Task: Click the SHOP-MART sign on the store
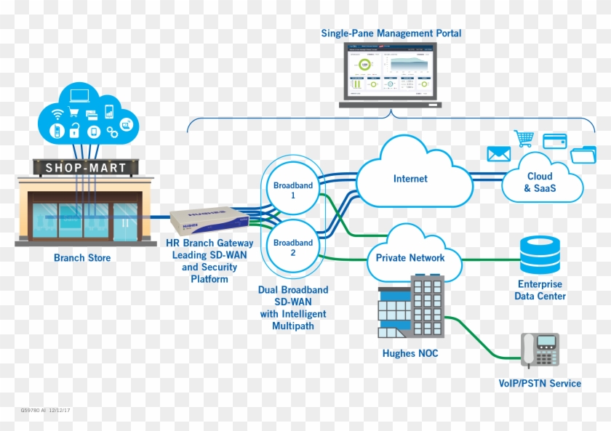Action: click(x=87, y=168)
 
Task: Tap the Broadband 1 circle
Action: click(x=293, y=190)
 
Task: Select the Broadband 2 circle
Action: click(x=293, y=248)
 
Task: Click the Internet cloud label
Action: click(x=410, y=179)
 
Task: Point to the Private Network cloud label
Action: click(x=410, y=257)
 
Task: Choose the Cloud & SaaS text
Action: click(x=539, y=182)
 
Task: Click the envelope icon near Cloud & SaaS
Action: click(x=498, y=154)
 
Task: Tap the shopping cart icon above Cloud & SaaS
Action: click(x=524, y=138)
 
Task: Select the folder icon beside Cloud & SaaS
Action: click(x=583, y=154)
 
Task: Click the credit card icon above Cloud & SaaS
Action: click(x=554, y=140)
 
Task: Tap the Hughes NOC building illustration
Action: click(x=411, y=309)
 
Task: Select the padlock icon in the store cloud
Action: click(x=74, y=132)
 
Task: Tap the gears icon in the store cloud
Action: click(x=112, y=132)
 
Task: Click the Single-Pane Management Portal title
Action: click(x=391, y=33)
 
